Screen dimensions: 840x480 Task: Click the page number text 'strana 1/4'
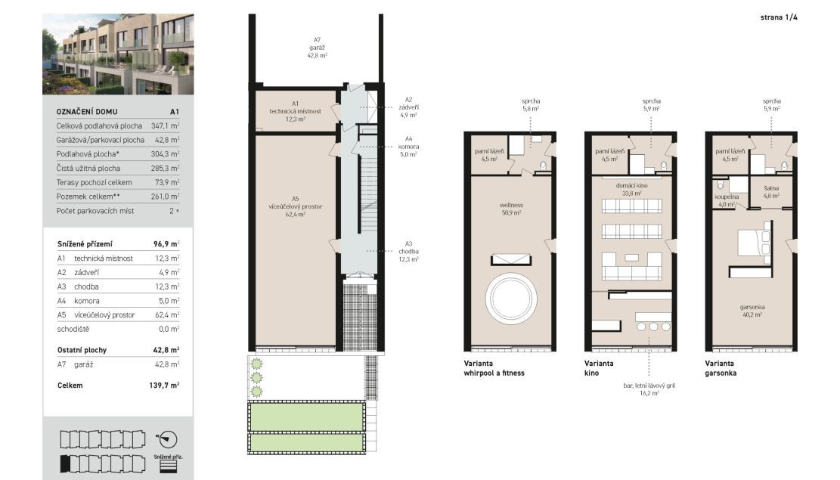779,17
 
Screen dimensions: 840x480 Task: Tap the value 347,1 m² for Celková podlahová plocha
165,126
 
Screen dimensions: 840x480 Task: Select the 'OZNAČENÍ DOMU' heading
87,111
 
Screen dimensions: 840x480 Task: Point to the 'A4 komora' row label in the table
78,301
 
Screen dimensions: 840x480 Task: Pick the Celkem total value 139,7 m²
164,386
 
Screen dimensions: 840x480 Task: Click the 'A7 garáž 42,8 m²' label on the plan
317,48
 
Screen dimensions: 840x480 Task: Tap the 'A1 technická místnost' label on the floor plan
295,111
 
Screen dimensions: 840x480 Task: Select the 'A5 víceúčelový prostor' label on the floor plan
295,206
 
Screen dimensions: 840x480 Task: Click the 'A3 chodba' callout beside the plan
408,251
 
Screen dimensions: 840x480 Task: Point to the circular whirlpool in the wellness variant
511,298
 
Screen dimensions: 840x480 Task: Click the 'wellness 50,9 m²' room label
511,209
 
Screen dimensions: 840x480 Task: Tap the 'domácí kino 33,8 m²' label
631,189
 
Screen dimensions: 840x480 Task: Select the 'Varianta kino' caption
599,368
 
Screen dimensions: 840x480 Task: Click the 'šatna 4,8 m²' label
771,192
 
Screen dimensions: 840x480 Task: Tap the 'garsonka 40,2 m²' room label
752,311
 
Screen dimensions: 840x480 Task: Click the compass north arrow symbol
167,439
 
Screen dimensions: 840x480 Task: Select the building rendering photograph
118,54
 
